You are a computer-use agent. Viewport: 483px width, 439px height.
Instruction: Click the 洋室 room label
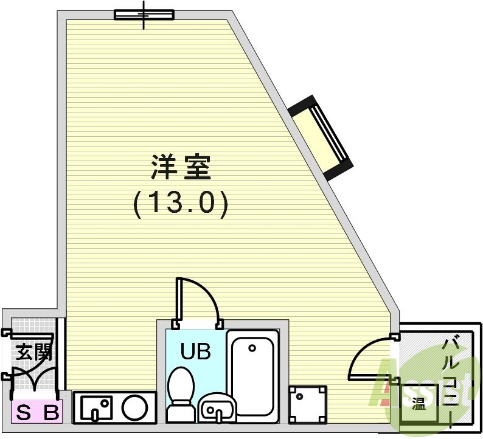(181, 168)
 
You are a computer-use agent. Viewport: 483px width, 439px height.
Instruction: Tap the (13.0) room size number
(181, 204)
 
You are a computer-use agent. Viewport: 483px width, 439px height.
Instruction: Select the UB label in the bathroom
(195, 351)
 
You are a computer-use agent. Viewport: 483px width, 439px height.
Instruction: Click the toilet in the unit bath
(181, 392)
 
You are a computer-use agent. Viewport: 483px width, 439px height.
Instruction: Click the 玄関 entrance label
(32, 353)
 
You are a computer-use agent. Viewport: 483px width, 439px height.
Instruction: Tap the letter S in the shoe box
(24, 413)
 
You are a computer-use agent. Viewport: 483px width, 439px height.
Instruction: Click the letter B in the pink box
(52, 413)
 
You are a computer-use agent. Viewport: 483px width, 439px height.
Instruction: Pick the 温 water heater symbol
(419, 402)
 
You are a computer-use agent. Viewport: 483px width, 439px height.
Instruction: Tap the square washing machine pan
(307, 404)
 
